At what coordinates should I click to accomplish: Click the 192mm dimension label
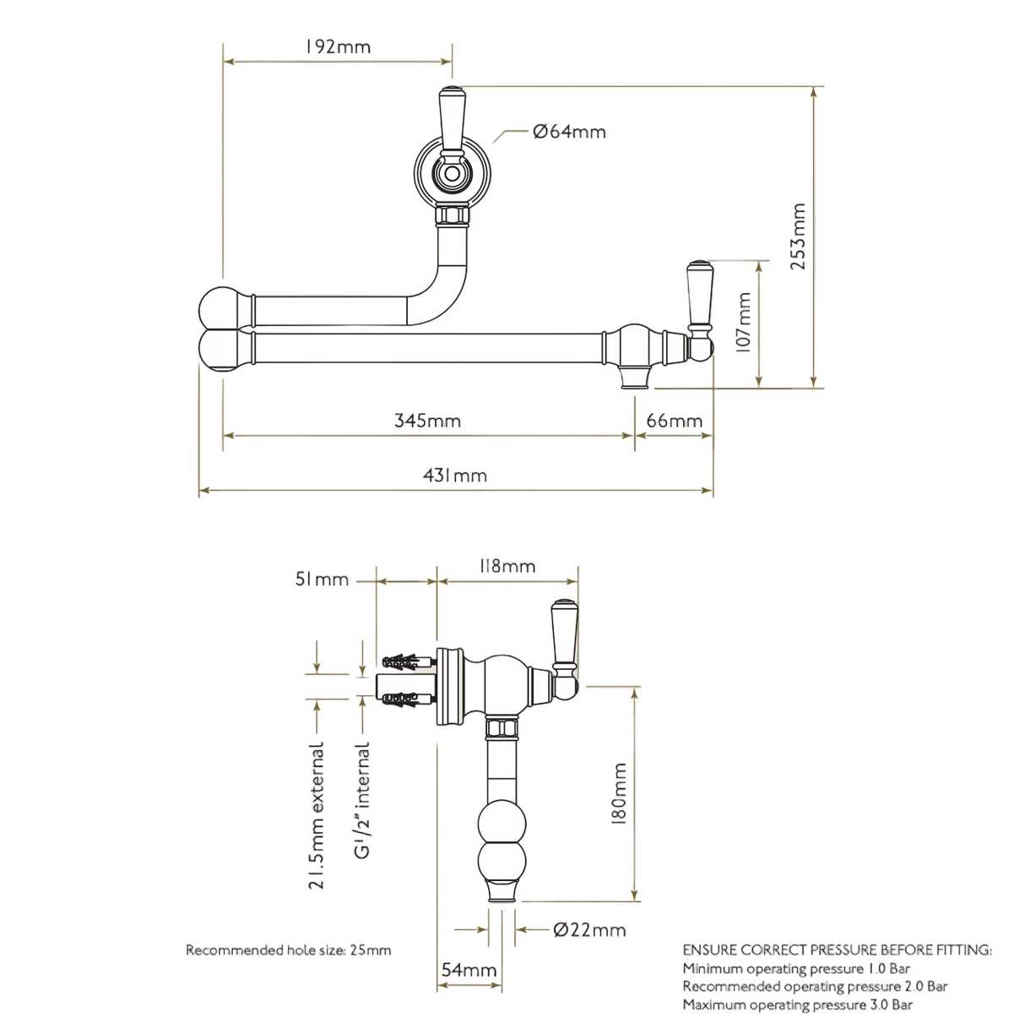pyautogui.click(x=338, y=47)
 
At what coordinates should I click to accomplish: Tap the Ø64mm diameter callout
pyautogui.click(x=569, y=132)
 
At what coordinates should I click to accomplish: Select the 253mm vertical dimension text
pyautogui.click(x=798, y=237)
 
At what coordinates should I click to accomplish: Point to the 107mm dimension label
pyautogui.click(x=743, y=322)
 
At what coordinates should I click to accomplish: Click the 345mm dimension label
pyautogui.click(x=427, y=421)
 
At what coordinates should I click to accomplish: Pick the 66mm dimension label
pyautogui.click(x=674, y=421)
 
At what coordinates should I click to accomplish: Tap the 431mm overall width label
pyautogui.click(x=455, y=476)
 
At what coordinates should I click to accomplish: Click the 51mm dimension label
pyautogui.click(x=322, y=579)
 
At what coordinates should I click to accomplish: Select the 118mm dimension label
pyautogui.click(x=507, y=566)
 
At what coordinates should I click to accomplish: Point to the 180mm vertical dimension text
pyautogui.click(x=619, y=794)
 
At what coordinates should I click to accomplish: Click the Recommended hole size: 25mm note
pyautogui.click(x=289, y=950)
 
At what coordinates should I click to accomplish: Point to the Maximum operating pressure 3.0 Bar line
pyautogui.click(x=797, y=1004)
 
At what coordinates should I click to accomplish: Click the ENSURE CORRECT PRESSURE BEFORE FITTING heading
pyautogui.click(x=838, y=950)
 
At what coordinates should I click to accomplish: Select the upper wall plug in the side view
pyautogui.click(x=408, y=663)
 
